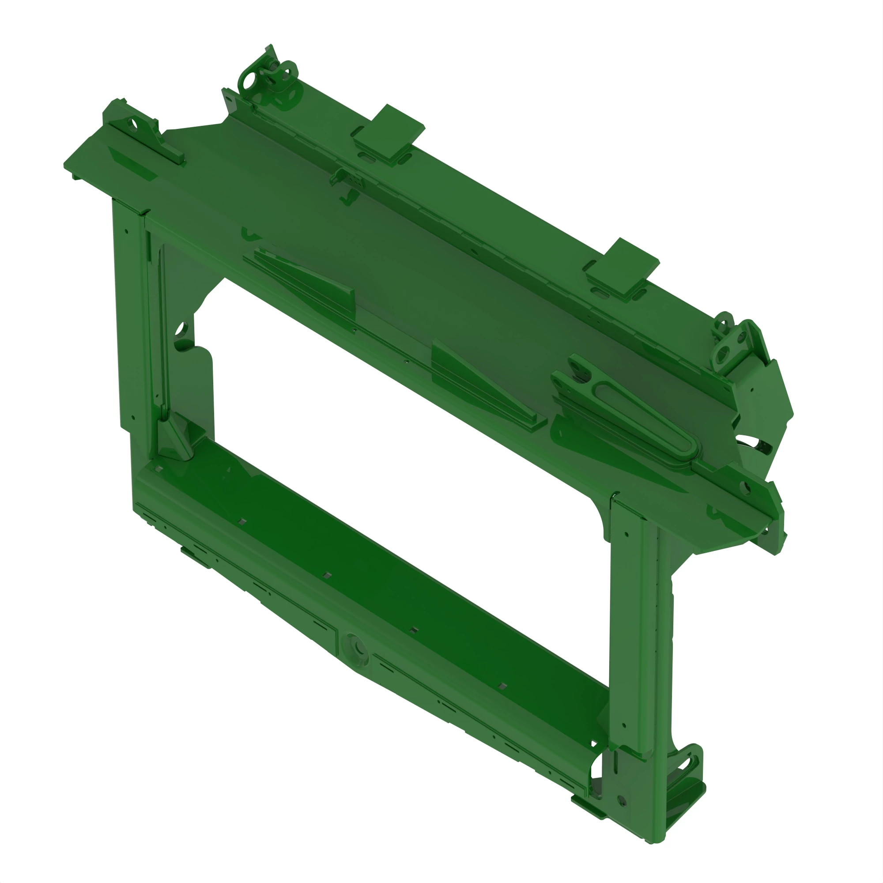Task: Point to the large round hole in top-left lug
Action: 248,83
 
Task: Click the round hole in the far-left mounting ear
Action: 132,124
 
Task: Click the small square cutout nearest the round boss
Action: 413,630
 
